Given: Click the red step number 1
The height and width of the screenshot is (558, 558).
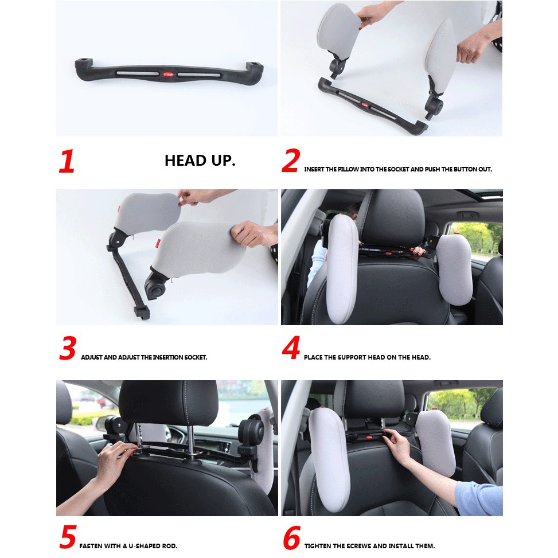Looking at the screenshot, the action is point(67,161).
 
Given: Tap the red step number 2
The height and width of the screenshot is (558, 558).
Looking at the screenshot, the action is point(291,161).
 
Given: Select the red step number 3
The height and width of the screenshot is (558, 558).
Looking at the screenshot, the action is point(68,348).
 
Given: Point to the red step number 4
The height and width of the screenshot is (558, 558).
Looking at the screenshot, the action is point(291,348).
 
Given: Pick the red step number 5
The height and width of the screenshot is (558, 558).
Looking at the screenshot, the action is point(68,536).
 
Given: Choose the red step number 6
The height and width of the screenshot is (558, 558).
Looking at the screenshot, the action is point(291,537).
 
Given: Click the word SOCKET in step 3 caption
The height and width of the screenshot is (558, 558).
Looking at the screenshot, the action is point(196,357).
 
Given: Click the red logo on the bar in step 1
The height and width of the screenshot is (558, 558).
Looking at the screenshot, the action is point(168,75).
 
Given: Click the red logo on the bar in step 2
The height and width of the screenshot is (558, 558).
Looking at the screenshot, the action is point(365,104).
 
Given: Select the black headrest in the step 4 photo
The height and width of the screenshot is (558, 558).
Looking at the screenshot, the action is point(392,217).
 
